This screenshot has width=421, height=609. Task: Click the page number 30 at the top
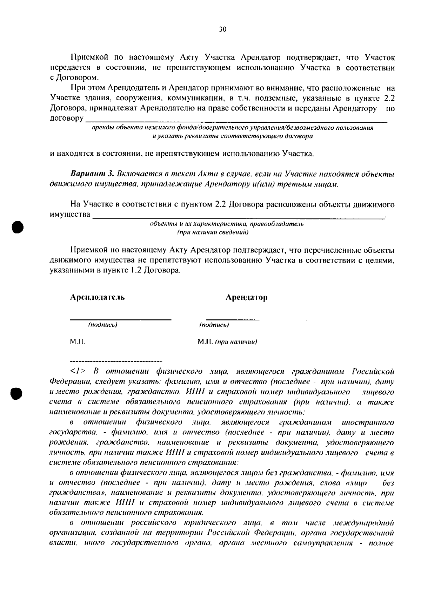(x=223, y=29)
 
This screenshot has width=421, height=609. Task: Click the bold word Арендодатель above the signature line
(x=97, y=297)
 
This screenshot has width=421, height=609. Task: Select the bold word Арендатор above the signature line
(x=246, y=297)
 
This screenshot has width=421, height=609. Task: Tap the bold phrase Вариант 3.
(x=93, y=174)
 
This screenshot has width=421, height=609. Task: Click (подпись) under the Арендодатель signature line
(x=102, y=325)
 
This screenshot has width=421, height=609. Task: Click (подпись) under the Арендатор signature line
(x=214, y=325)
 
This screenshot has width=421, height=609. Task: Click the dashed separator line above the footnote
(x=116, y=361)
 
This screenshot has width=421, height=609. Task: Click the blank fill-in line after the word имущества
(x=239, y=218)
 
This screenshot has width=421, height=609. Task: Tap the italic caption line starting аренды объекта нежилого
(x=232, y=128)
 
